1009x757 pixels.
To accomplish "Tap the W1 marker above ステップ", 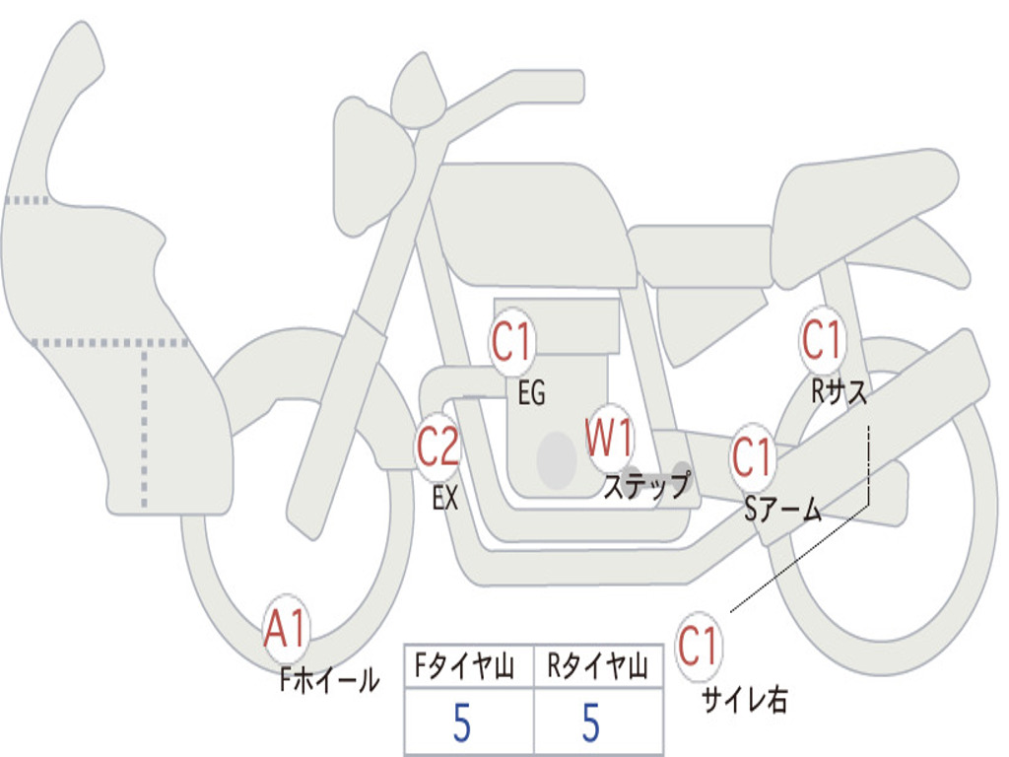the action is tap(610, 438).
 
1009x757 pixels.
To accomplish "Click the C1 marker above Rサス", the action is tap(822, 340).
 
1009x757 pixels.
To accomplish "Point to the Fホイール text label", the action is tap(330, 680).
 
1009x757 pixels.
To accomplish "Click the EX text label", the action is tap(445, 499).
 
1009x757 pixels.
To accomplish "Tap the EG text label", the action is tap(531, 394).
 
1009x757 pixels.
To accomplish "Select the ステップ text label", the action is tap(646, 486).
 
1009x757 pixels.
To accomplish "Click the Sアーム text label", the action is tap(782, 510).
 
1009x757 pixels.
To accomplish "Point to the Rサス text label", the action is tap(840, 392).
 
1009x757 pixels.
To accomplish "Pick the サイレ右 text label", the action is tap(744, 700).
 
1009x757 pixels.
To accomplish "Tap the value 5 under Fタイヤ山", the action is tap(461, 724).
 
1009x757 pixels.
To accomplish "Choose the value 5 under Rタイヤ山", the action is tap(590, 724).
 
